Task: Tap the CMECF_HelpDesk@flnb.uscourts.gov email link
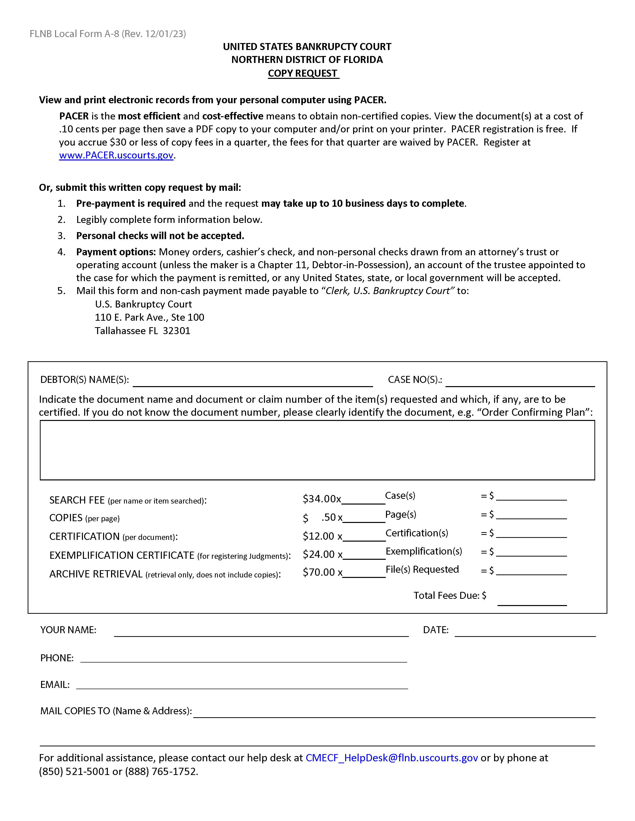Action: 392,758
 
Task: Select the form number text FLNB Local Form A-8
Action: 74,34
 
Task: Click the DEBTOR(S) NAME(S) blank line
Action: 253,382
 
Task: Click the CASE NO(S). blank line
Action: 520,382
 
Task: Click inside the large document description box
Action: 317,450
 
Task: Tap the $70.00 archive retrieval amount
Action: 319,572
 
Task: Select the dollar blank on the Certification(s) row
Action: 531,534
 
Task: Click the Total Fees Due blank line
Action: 532,600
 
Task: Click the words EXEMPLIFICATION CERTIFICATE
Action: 122,555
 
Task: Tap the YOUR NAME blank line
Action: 261,631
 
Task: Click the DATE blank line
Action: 525,631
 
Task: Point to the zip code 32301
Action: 177,331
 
